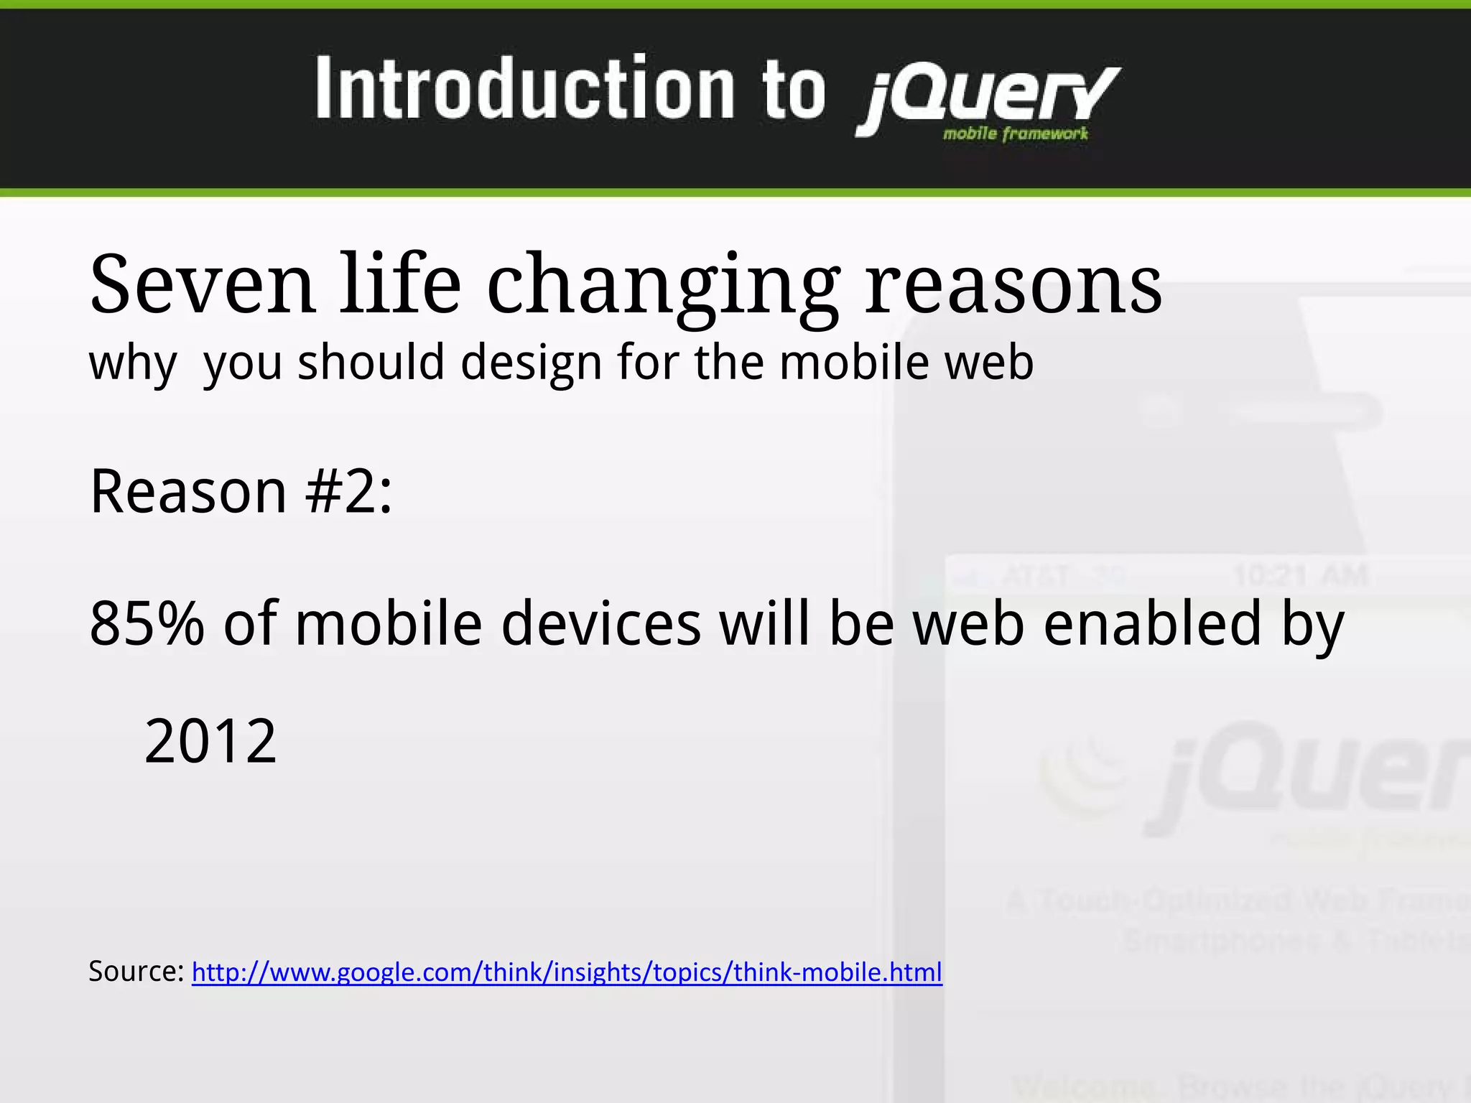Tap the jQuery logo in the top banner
[x=988, y=97]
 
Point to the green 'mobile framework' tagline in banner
[x=1016, y=134]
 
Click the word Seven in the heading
[x=202, y=285]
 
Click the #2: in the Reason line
[x=349, y=492]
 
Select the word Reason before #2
[x=188, y=492]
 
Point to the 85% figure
[x=147, y=623]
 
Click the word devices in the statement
[x=600, y=623]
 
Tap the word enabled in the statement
[x=1152, y=623]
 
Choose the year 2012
[x=210, y=742]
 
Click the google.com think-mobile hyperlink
[x=567, y=972]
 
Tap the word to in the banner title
[x=794, y=90]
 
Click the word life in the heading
[x=400, y=285]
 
